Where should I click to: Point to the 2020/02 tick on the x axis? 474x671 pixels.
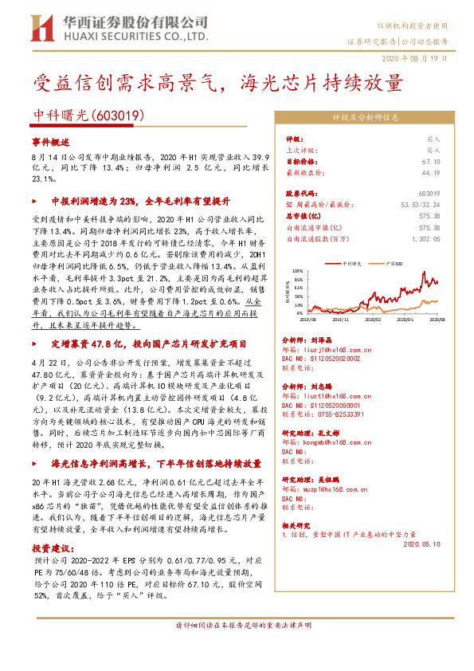[x=373, y=320]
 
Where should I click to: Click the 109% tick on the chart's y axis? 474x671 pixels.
[x=299, y=269]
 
